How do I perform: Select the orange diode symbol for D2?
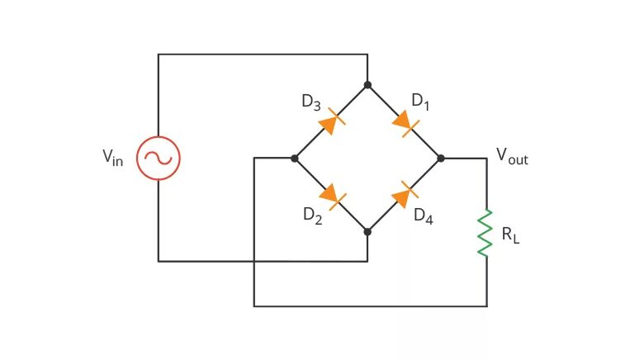[x=330, y=195]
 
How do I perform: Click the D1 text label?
[x=421, y=102]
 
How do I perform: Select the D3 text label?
[x=311, y=102]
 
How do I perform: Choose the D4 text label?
[x=424, y=216]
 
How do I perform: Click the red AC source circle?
[x=158, y=158]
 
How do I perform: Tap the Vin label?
[x=113, y=158]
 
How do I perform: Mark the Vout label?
[x=511, y=155]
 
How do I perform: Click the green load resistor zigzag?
[x=486, y=232]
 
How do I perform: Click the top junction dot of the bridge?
[x=367, y=84]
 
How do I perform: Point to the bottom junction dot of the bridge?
[x=367, y=232]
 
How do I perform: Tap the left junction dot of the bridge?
[x=294, y=158]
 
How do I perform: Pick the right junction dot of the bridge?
[x=441, y=158]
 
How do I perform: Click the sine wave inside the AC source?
[x=158, y=158]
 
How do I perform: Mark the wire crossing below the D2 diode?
[x=254, y=262]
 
